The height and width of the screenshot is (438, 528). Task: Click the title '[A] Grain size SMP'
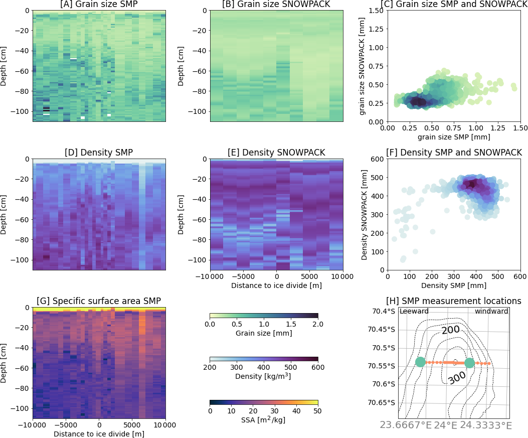pos(99,5)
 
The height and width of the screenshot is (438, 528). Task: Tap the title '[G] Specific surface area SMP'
pos(99,301)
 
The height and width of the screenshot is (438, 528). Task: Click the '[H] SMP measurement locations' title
pos(453,301)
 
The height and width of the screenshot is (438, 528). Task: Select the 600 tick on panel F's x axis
pos(519,277)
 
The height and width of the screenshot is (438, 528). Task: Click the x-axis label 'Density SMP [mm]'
pos(453,285)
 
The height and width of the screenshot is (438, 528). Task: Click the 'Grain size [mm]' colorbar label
pos(264,333)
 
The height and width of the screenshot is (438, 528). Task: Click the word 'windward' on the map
pos(491,312)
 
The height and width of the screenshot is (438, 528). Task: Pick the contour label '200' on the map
pos(451,330)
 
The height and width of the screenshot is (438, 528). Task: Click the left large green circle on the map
pos(421,362)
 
